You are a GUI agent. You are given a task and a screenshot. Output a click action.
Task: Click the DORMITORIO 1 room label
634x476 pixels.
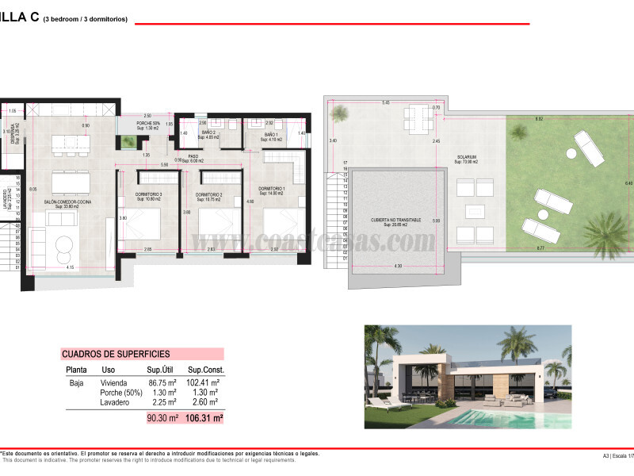pos(271,190)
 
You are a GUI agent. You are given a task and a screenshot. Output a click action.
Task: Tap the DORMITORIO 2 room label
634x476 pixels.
pos(208,194)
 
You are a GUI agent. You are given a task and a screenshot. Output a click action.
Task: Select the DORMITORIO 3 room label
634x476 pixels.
pos(148,194)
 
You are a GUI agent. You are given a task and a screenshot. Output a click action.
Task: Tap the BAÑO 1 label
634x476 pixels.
pos(271,136)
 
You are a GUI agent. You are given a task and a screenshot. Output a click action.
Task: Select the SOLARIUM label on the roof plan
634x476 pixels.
pos(466,157)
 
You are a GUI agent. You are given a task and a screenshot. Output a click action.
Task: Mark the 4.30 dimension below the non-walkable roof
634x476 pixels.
pos(397,266)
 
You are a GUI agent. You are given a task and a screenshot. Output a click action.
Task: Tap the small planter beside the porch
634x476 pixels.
pos(127,143)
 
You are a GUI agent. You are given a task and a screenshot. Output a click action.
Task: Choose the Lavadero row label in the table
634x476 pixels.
pos(116,401)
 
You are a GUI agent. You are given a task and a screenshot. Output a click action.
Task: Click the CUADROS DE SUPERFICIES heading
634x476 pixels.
pos(116,354)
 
